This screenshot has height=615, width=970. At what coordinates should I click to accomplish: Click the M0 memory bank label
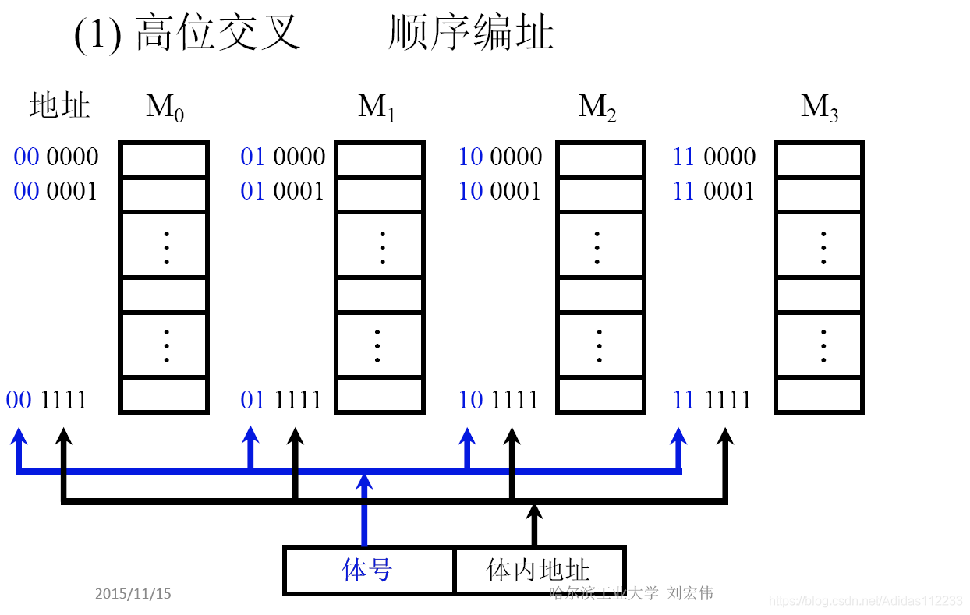pos(165,108)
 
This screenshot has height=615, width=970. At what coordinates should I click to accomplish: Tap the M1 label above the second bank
pos(377,108)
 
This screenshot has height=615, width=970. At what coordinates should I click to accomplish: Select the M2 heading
pos(598,108)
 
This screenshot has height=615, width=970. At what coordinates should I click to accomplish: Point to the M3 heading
pos(820,108)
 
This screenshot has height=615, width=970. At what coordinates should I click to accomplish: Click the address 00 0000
pos(56,157)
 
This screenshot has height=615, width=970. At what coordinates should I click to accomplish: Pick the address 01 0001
pos(282,191)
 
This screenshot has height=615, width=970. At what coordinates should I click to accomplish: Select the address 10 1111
pos(499,400)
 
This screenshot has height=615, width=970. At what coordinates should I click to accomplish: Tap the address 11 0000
pos(714,157)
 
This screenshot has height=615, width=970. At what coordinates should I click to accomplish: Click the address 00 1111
pos(47,400)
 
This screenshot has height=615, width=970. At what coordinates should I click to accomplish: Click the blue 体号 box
pos(368,571)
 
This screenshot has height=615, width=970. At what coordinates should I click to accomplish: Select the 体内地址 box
pos(539,571)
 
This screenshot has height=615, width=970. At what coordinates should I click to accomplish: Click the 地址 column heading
pos(60,106)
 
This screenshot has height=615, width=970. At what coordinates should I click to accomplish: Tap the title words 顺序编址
pos(471,34)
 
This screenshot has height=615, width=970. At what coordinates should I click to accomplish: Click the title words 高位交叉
pos(218,34)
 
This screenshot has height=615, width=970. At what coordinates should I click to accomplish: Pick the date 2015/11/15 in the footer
pos(133,594)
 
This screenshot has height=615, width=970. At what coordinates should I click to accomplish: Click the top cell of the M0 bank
pos(164,160)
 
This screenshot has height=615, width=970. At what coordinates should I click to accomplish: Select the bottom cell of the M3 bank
pos(819,395)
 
